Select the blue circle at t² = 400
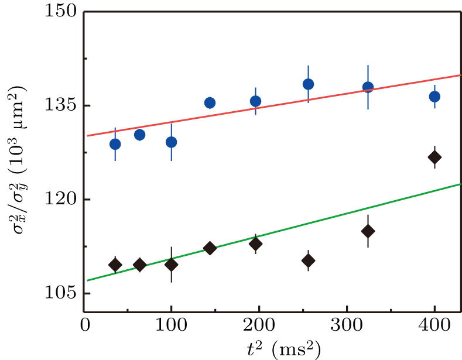pos(434,97)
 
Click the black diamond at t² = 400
pos(434,157)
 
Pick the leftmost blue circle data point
pos(115,144)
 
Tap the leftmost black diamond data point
pos(115,265)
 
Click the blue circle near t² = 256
pos(308,84)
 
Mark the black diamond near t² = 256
pos(308,260)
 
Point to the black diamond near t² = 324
pos(368,231)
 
